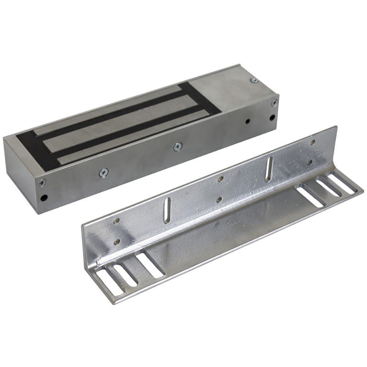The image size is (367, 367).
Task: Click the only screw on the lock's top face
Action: (254, 81)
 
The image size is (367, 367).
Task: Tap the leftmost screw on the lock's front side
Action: (42, 182)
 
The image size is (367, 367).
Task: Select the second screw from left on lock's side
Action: (104, 172)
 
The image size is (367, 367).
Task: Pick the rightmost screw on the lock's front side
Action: (274, 103)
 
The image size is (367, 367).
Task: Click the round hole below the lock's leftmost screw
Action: (44, 199)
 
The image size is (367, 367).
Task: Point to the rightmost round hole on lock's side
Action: (272, 117)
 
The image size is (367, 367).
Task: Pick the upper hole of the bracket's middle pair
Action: (221, 179)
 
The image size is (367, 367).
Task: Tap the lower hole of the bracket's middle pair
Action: (219, 200)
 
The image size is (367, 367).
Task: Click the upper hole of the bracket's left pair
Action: (117, 221)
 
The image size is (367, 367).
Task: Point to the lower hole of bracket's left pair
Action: (117, 241)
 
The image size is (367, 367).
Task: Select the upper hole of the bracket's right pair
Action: (313, 142)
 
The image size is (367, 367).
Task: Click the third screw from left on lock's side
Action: (178, 146)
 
